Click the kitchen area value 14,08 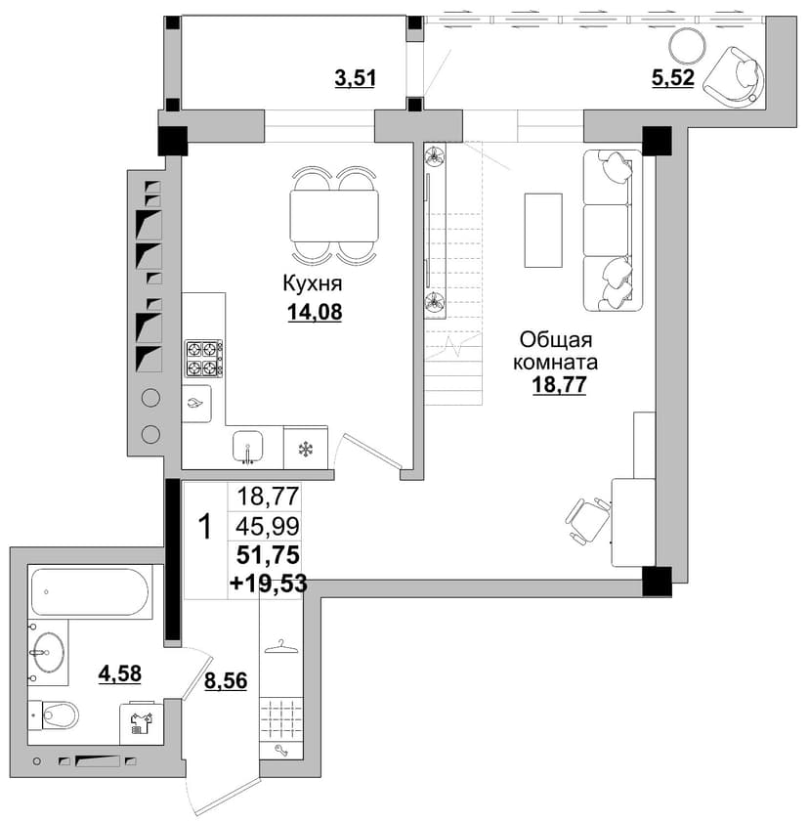click(x=315, y=312)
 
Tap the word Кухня click(x=312, y=283)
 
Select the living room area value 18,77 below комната click(x=559, y=385)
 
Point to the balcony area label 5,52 click(x=673, y=77)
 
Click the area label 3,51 click(x=356, y=78)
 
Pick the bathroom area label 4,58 click(x=119, y=672)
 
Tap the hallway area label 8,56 click(x=226, y=680)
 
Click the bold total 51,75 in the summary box click(x=268, y=554)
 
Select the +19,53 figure click(x=268, y=584)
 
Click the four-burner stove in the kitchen click(x=203, y=359)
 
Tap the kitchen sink click(x=247, y=448)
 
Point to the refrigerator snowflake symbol click(x=306, y=450)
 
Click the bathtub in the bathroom click(x=90, y=591)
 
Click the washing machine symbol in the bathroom click(x=141, y=723)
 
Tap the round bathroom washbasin click(x=48, y=652)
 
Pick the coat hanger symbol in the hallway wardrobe click(x=281, y=647)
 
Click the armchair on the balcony click(x=734, y=74)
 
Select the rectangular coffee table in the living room click(x=543, y=230)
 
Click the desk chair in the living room click(x=587, y=520)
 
